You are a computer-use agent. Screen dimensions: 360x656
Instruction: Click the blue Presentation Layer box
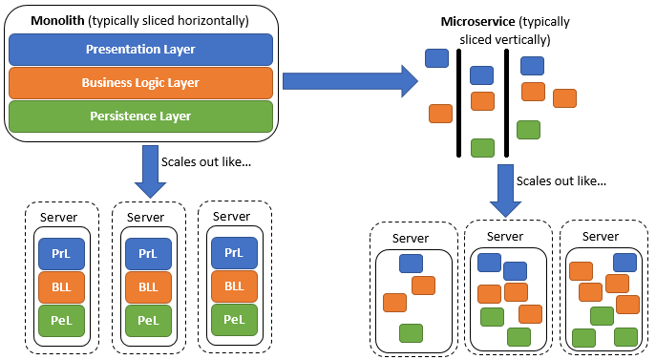click(x=141, y=49)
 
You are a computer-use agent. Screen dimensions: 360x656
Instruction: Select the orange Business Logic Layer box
click(x=141, y=82)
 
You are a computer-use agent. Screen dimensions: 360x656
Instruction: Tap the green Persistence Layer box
click(x=141, y=116)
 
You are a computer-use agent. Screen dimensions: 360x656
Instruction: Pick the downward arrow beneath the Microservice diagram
click(x=505, y=190)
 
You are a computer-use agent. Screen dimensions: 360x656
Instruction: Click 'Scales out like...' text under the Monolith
click(x=206, y=161)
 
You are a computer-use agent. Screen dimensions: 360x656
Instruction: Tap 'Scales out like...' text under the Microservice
click(x=561, y=180)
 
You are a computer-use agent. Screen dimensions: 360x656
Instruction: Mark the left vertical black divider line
click(x=459, y=102)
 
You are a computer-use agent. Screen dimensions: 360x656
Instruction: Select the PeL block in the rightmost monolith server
click(x=234, y=319)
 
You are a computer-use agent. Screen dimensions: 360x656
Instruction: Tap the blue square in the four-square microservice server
click(x=412, y=265)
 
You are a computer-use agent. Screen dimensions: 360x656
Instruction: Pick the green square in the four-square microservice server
click(x=411, y=332)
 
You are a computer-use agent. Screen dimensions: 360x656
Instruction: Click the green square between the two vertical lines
click(x=483, y=147)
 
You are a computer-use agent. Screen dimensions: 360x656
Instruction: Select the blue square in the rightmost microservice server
click(x=625, y=262)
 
